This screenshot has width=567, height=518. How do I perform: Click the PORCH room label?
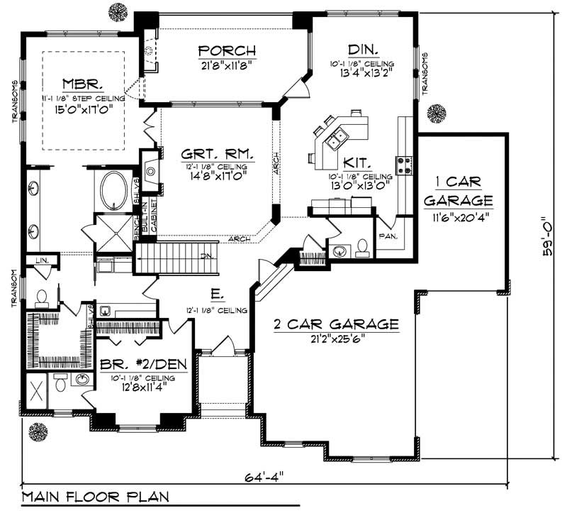[x=226, y=50]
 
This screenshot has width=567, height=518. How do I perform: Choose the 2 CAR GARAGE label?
[x=337, y=325]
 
